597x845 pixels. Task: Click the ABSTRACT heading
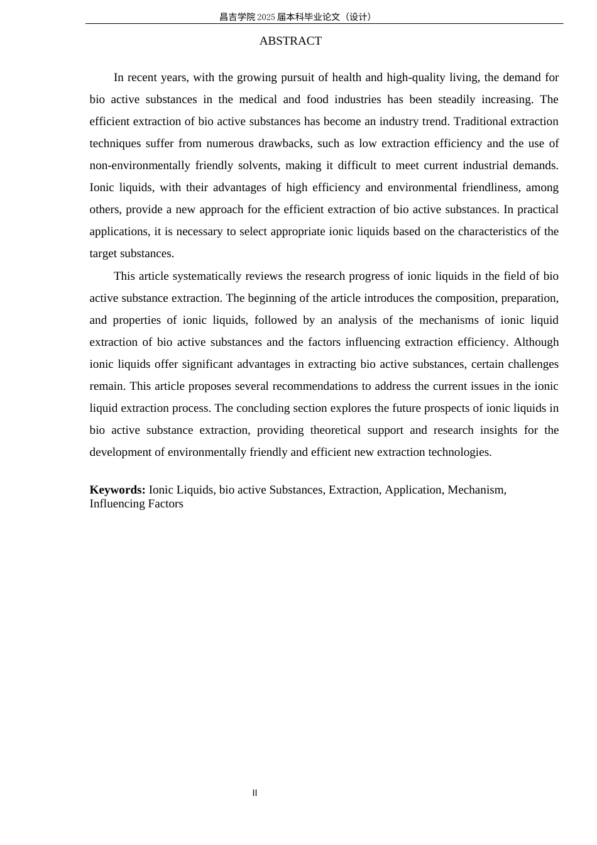tap(290, 41)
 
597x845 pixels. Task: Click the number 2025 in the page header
tap(266, 17)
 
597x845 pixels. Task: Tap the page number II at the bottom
tap(255, 793)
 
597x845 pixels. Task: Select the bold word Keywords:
tap(118, 490)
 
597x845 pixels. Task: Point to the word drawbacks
tap(287, 143)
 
